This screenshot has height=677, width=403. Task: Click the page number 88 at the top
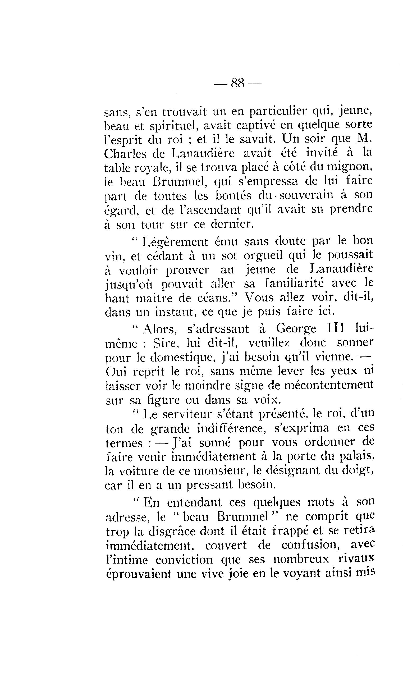[238, 83]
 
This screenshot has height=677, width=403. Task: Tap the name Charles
[125, 154]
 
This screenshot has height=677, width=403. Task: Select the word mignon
[348, 167]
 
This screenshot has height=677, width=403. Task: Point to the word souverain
[306, 195]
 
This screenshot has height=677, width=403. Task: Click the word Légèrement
[175, 242]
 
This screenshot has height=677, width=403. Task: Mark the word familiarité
[294, 283]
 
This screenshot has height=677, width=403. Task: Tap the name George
[296, 329]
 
